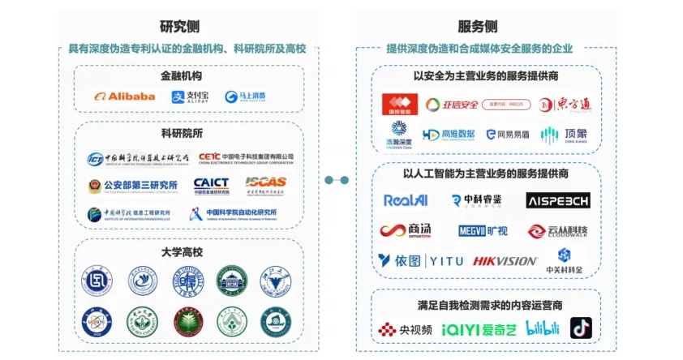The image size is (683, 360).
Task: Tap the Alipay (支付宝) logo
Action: [190, 96]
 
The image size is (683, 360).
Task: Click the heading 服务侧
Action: [483, 27]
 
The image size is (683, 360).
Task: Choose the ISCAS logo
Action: [265, 186]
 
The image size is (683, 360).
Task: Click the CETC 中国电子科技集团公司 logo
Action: [246, 156]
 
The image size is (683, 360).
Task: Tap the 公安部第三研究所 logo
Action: [133, 186]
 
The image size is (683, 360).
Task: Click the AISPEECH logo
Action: [558, 200]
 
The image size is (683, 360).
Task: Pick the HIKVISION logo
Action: [505, 260]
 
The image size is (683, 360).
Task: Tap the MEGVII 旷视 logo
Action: [483, 231]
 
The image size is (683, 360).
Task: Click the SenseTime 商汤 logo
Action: [406, 230]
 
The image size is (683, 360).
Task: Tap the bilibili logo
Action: [543, 328]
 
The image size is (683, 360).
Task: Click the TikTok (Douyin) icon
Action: [581, 328]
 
